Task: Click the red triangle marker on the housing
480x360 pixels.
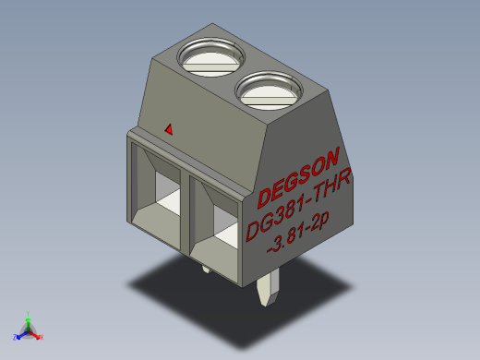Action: point(168,129)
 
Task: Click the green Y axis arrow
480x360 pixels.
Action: point(29,319)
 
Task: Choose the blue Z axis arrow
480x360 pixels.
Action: point(21,333)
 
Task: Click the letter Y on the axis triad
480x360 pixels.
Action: point(29,313)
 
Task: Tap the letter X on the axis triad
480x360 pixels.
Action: point(42,338)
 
